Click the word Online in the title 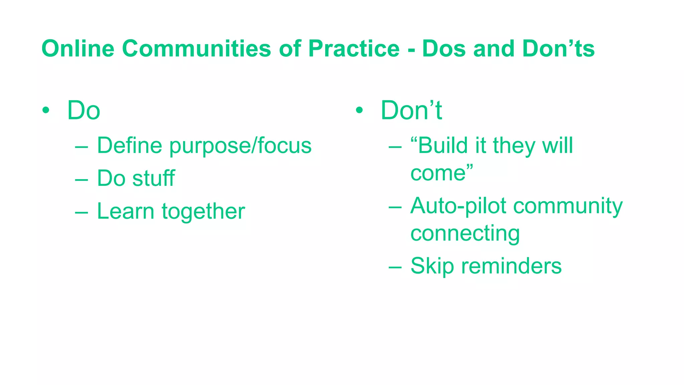(x=78, y=49)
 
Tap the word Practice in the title (x=354, y=49)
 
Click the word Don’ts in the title (x=558, y=49)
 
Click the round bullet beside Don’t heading (x=359, y=110)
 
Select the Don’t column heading (x=411, y=110)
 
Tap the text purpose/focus (x=240, y=146)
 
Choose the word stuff (x=153, y=178)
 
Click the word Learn (x=126, y=211)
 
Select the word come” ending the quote (x=442, y=173)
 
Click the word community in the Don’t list (x=568, y=206)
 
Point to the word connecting (x=465, y=234)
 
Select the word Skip (x=432, y=266)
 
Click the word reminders (x=511, y=266)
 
